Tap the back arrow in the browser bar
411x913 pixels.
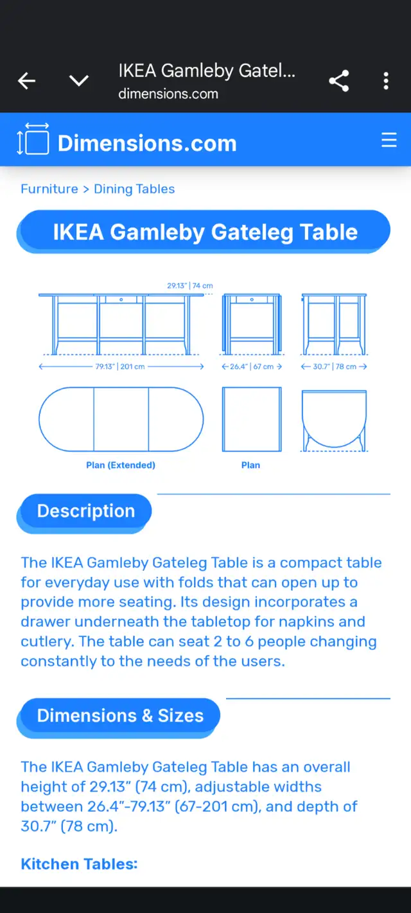coord(27,81)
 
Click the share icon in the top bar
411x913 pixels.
coord(339,81)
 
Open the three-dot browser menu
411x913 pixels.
coord(386,81)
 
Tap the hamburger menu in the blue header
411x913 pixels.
coord(389,139)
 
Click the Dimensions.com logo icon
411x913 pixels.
coord(33,139)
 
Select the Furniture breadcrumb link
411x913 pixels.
coord(49,189)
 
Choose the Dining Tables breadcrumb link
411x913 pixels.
coord(134,189)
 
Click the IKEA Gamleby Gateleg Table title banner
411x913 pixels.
coord(204,232)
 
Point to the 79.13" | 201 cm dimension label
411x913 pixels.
coord(120,367)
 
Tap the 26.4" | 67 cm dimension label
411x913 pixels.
coord(252,367)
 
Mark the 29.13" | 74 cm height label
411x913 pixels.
coord(190,286)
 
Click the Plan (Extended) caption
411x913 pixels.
coord(121,465)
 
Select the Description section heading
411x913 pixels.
coord(85,511)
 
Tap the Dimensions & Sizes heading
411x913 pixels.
coord(120,716)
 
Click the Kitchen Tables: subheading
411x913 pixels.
coord(79,864)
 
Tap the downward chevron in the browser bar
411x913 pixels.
coord(79,81)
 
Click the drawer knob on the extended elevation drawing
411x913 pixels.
coord(121,300)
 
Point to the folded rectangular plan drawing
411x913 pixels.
coord(252,419)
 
